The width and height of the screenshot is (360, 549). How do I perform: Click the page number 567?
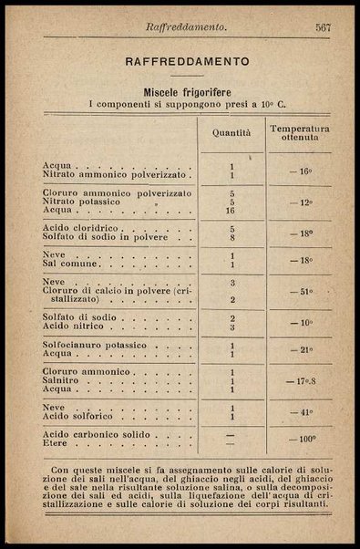323,27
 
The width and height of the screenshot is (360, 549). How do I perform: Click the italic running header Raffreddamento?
186,28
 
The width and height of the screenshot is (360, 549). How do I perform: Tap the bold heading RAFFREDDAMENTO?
187,62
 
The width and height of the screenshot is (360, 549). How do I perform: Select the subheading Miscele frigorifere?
187,92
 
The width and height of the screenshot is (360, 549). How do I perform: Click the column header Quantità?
231,133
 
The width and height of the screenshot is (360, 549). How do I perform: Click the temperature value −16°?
300,171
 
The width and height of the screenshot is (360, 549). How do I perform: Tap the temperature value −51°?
300,292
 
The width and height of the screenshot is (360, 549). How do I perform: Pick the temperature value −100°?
301,440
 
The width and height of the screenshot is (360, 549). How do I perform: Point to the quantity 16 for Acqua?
231,211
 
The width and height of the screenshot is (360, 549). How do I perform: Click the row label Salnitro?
61,381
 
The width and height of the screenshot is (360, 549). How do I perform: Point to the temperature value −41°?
300,412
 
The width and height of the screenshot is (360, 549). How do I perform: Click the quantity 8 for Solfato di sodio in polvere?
231,237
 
